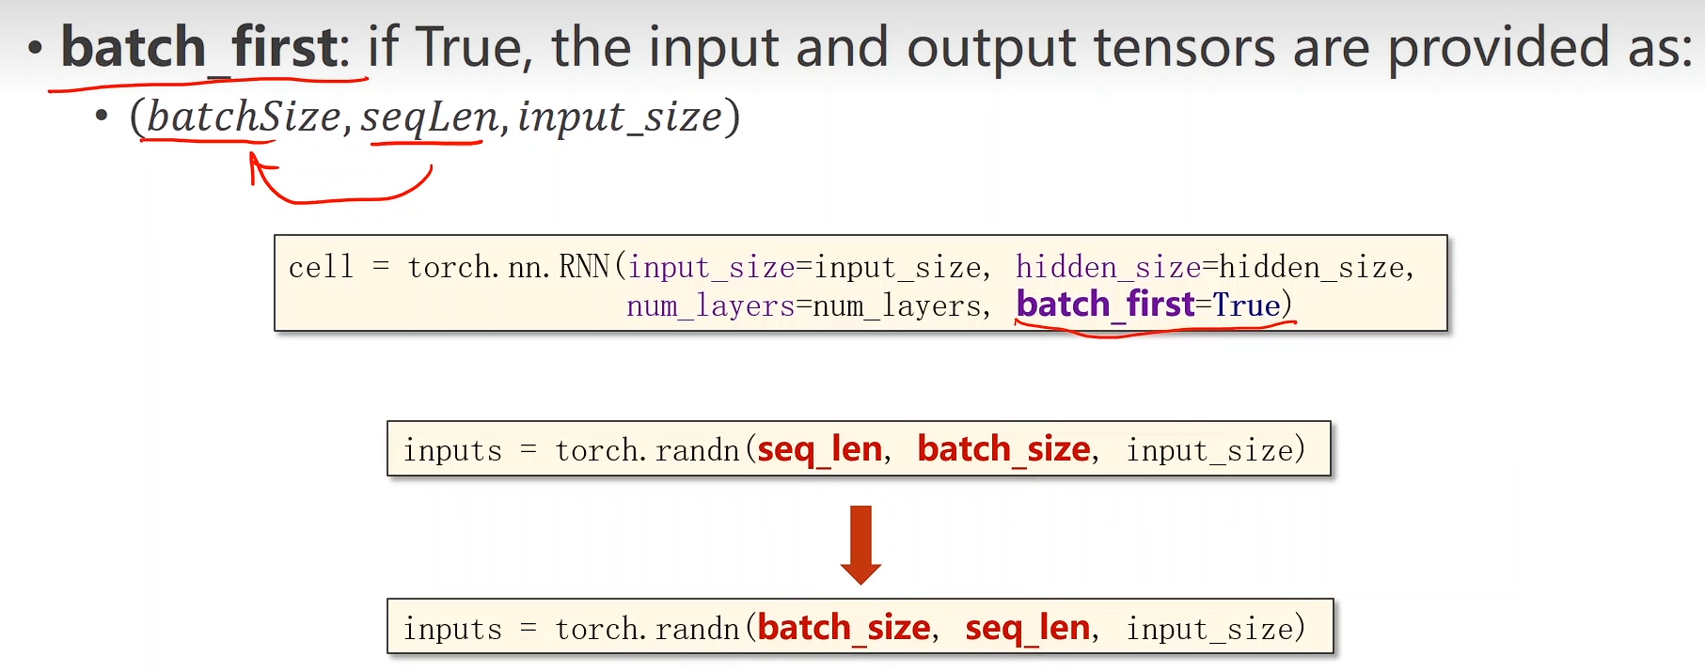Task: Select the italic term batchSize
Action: click(243, 117)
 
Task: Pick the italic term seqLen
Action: click(429, 117)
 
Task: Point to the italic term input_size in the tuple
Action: click(620, 117)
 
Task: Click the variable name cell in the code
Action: click(321, 268)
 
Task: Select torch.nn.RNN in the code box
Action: click(509, 268)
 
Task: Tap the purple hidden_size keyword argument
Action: click(1108, 268)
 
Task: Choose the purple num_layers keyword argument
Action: click(710, 306)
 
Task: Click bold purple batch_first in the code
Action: click(1105, 305)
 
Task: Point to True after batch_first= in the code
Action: click(1247, 305)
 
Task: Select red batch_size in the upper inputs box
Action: click(1003, 449)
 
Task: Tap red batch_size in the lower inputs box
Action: click(844, 628)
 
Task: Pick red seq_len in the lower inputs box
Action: click(1028, 628)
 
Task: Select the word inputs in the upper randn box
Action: click(452, 451)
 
